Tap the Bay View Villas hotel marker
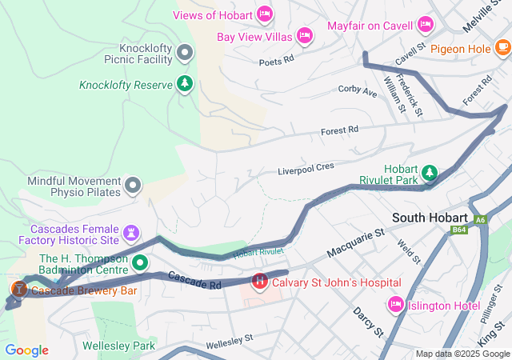tap(304, 35)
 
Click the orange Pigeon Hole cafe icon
tap(502, 49)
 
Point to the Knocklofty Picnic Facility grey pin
tap(185, 54)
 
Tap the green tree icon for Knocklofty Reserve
tap(185, 84)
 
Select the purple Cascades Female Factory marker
tap(133, 233)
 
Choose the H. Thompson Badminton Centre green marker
tap(140, 262)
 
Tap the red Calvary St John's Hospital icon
tap(260, 282)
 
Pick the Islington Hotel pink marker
tap(395, 304)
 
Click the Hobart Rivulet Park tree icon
tap(430, 173)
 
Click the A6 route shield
tap(479, 219)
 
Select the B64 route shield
tap(458, 230)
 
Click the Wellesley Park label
tap(118, 346)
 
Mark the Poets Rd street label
tap(276, 59)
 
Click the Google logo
tap(26, 350)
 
